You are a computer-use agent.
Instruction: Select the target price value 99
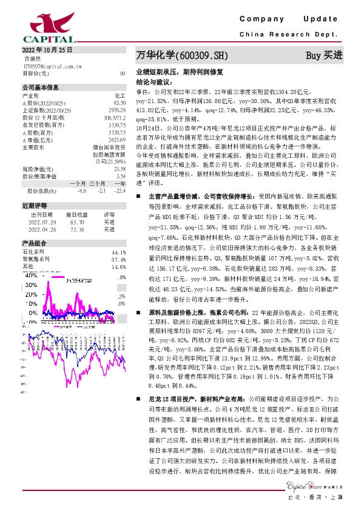click(122, 72)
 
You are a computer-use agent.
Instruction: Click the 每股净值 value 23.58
click(119, 169)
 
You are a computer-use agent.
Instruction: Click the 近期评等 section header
click(34, 206)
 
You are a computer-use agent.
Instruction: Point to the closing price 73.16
click(76, 229)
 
